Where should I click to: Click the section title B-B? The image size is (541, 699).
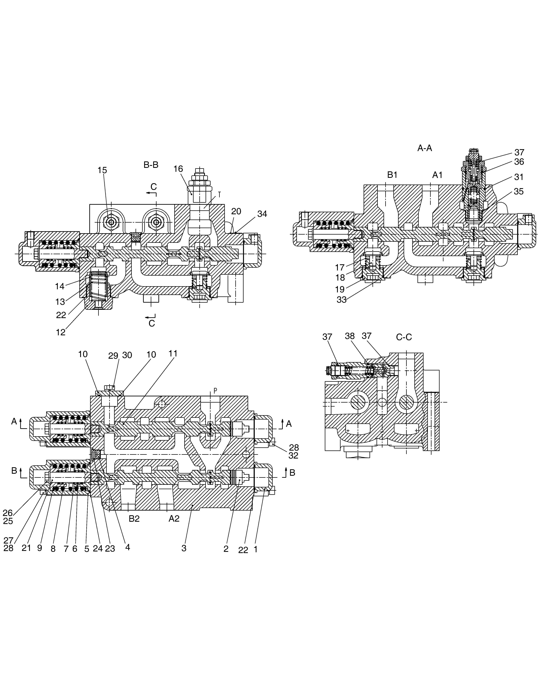point(151,165)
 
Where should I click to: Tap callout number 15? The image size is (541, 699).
point(102,170)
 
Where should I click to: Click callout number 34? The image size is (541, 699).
point(262,214)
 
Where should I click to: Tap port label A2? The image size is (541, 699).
point(174,519)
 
